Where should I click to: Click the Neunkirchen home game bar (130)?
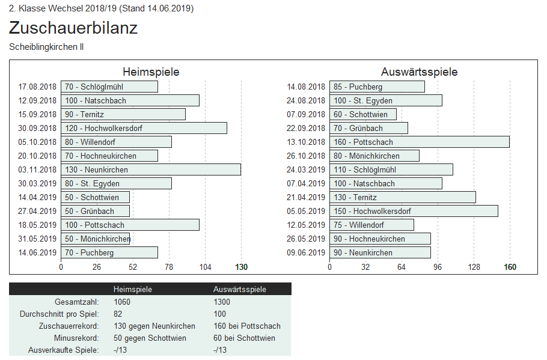(150, 169)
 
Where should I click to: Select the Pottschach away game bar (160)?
(419, 142)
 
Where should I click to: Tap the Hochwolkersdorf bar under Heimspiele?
(144, 128)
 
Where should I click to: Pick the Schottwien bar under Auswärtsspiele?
(362, 114)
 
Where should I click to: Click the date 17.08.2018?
(37, 87)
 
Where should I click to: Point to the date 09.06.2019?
(306, 252)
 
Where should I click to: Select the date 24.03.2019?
(306, 169)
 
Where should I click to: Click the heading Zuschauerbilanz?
(73, 28)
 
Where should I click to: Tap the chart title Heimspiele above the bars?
(151, 72)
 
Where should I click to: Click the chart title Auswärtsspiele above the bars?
(419, 72)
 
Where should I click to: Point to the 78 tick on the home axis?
(169, 267)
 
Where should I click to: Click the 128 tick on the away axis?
(474, 267)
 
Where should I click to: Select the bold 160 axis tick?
(510, 267)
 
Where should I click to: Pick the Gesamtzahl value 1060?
(122, 302)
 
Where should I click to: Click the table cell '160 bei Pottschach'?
(246, 326)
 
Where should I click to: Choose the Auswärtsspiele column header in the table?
(239, 289)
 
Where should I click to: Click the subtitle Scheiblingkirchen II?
(46, 46)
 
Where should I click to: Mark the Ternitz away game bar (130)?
(402, 197)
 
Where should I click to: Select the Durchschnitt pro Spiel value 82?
(118, 314)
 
